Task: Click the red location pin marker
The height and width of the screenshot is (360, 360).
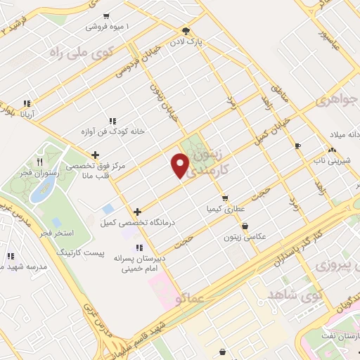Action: [x=181, y=165]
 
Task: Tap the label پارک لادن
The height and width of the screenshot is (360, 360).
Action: [x=189, y=42]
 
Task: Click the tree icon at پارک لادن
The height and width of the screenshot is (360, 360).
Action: [x=186, y=31]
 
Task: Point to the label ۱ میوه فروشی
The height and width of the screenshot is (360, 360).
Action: [x=105, y=27]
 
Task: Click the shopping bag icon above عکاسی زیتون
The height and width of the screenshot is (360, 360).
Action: [x=244, y=226]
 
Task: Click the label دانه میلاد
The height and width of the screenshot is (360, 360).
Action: [x=335, y=134]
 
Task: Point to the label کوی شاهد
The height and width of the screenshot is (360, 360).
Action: [x=292, y=292]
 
